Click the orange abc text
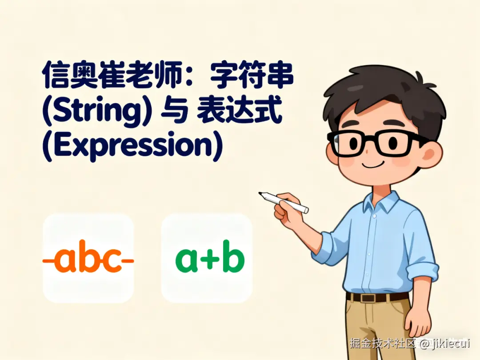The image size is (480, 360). point(88,260)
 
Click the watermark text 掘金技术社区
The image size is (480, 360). point(382,344)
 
